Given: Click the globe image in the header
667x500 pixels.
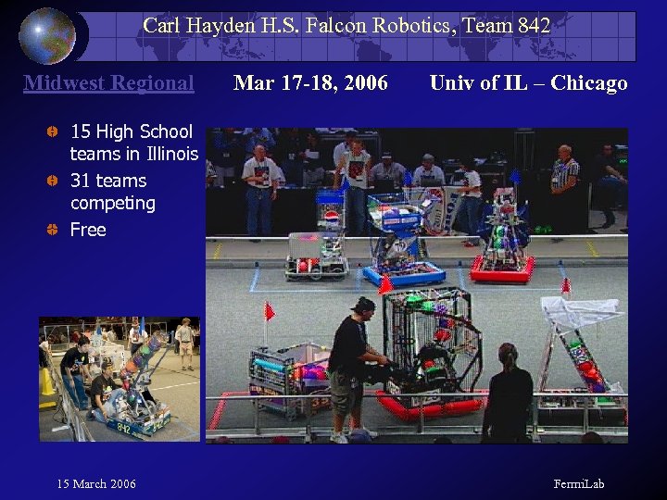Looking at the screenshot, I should [x=46, y=35].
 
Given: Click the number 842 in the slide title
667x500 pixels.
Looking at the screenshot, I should [x=532, y=26].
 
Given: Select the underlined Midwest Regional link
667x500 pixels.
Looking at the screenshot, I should [x=108, y=83].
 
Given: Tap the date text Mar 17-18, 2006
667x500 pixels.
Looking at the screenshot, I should [x=310, y=83].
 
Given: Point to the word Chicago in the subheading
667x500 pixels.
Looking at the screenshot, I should [x=588, y=83].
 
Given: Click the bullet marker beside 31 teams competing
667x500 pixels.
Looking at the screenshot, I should [x=54, y=181].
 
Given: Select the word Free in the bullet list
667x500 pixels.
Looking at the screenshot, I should [x=88, y=230].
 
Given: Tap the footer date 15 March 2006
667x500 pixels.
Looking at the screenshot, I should [x=96, y=484].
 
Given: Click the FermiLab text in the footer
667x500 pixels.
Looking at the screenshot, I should [x=579, y=484].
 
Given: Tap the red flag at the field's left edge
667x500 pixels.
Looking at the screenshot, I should [x=270, y=311].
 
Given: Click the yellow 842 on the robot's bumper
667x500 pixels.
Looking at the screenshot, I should [x=123, y=427].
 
